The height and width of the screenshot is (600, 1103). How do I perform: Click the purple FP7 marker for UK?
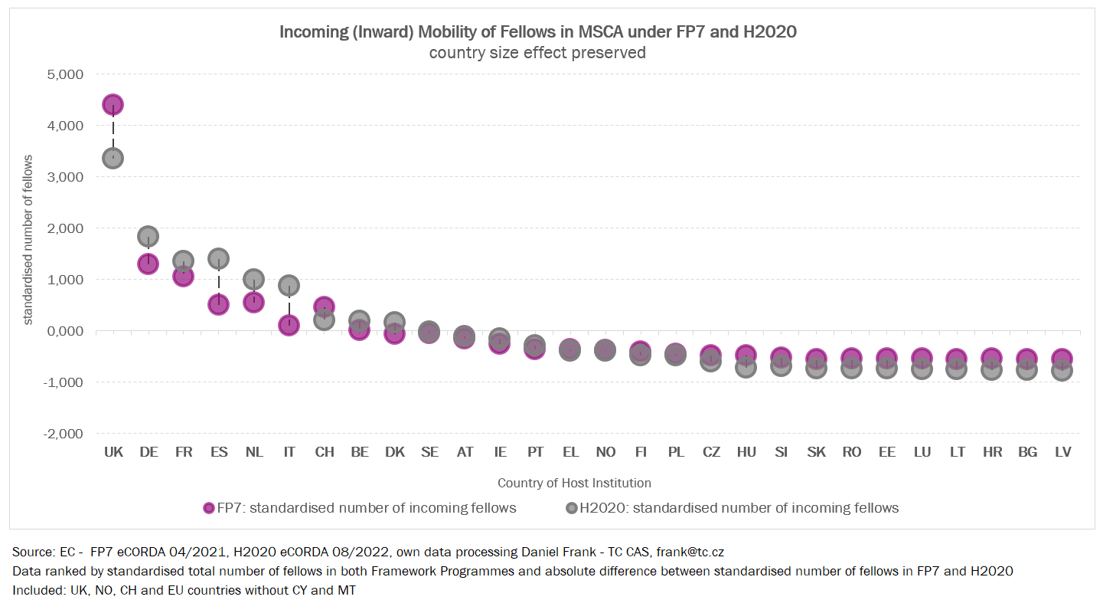pos(113,105)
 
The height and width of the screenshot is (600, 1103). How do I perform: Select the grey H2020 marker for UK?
pos(113,159)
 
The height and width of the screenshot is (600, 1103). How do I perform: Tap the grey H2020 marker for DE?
pos(148,236)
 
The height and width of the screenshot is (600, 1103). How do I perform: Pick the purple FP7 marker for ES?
pos(219,305)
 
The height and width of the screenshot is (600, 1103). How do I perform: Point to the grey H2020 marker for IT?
pos(289,286)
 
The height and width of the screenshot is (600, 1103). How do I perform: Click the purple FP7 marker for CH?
pos(324,307)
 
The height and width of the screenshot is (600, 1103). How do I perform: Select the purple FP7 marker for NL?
pos(254,303)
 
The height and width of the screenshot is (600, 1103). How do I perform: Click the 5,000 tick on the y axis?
pos(66,74)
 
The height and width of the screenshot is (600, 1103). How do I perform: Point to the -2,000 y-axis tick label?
pos(64,434)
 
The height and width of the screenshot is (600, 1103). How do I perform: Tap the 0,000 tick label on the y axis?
pos(66,331)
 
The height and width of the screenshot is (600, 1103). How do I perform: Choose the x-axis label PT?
pos(535,452)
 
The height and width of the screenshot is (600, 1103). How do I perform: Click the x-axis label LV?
pos(1062,452)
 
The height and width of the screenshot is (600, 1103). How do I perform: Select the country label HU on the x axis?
pos(746,452)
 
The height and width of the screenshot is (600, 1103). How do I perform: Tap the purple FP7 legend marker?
pos(208,508)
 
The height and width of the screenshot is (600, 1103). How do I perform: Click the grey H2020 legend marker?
pos(571,508)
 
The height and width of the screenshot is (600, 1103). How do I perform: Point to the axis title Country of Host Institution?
pos(574,483)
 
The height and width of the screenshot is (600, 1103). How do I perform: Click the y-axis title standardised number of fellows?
pos(28,239)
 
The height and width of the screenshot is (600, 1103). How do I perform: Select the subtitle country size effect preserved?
pos(537,53)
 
